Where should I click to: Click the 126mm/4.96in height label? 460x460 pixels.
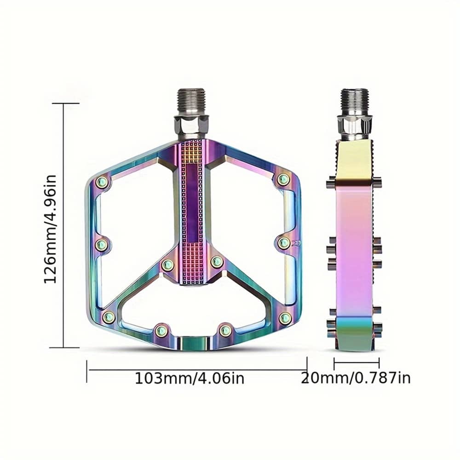click(x=50, y=229)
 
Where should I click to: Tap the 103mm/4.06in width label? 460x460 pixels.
click(x=189, y=379)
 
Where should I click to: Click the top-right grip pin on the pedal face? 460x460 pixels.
click(x=283, y=179)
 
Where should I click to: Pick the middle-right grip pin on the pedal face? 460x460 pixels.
click(x=284, y=242)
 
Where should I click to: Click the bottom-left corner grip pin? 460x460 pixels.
click(x=109, y=316)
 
